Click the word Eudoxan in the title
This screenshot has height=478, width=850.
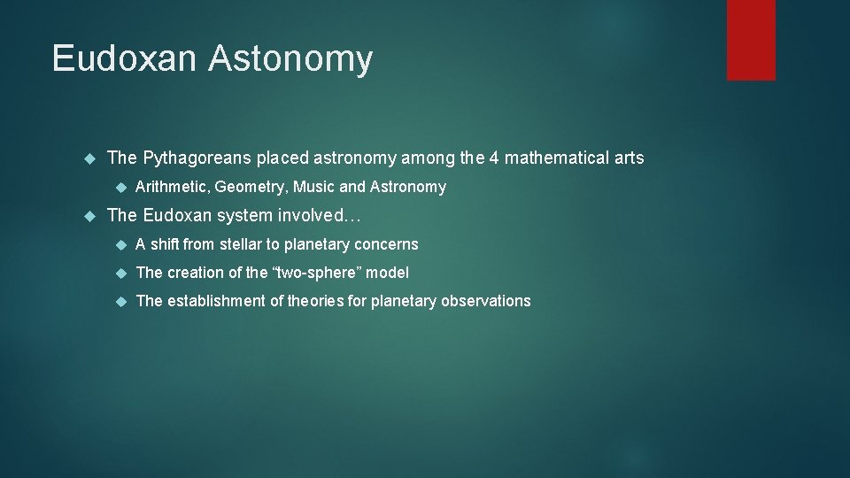pos(126,59)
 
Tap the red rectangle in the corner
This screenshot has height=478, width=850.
pos(751,40)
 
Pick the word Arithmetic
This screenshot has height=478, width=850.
pos(172,187)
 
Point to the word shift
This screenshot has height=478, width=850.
pos(166,244)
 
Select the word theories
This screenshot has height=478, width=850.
pos(316,301)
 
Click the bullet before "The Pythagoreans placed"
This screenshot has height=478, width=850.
pos(88,158)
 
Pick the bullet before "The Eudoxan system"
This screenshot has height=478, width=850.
pos(88,215)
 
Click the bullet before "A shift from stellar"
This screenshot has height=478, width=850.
pos(121,244)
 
